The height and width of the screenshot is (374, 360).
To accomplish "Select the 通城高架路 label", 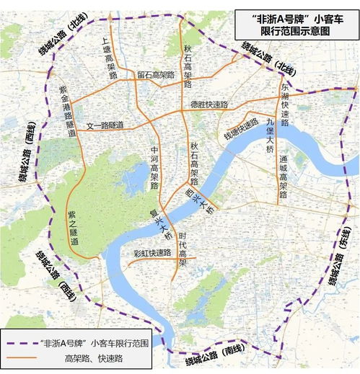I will coord(284,177).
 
